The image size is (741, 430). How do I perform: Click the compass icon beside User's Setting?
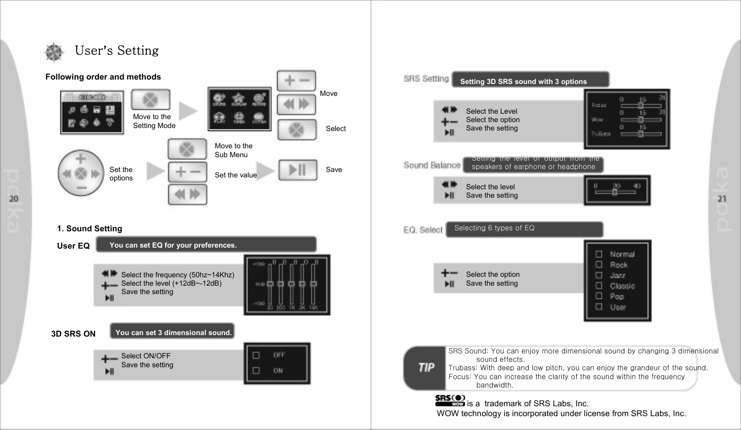(54, 52)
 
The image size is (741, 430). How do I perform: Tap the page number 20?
(14, 199)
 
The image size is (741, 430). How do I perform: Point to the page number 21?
(722, 199)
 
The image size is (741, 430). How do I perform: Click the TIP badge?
(426, 367)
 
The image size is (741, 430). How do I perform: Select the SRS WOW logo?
(450, 400)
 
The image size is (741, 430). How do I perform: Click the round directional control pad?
(81, 173)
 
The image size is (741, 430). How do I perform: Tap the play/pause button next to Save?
(297, 170)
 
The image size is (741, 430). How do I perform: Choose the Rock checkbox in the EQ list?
(599, 264)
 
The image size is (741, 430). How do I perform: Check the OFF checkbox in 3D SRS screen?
(256, 355)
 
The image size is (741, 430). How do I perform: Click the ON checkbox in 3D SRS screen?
(256, 371)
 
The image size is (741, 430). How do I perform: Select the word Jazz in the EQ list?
(617, 275)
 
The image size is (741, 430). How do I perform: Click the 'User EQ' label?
(73, 246)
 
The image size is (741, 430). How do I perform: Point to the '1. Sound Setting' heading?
(90, 228)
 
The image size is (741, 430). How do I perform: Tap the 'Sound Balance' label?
(432, 165)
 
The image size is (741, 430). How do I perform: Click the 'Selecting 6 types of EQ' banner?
(524, 229)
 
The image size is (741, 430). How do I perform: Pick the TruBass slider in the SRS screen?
(641, 133)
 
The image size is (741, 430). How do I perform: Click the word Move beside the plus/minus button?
(328, 93)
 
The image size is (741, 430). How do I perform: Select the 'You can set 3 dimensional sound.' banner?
(173, 332)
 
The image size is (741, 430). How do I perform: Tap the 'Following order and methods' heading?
(103, 77)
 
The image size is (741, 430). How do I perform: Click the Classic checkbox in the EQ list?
(599, 286)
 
